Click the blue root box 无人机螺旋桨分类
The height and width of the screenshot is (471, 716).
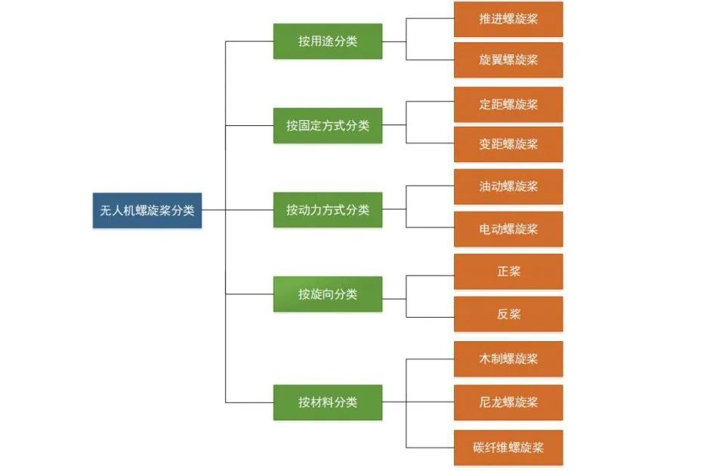point(147,211)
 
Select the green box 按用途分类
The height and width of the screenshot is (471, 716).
point(328,42)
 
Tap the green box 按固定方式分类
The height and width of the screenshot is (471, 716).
point(328,125)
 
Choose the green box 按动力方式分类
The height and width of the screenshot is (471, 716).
point(328,210)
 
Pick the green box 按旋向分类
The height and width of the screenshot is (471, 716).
point(328,294)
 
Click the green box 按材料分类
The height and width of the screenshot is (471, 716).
point(328,402)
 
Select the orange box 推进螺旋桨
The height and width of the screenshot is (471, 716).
point(508,19)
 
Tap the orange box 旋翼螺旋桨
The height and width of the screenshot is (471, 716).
point(508,60)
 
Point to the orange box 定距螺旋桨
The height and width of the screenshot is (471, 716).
point(508,104)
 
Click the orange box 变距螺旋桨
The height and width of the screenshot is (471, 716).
point(508,144)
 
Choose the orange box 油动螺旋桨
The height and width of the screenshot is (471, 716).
point(508,186)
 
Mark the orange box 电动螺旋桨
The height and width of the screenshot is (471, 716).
point(508,229)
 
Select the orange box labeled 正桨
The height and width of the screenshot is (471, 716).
point(508,272)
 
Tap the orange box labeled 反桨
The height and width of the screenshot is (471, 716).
point(508,314)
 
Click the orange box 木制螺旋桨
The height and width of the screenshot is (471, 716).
point(508,359)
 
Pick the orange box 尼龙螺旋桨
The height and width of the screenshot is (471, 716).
point(508,402)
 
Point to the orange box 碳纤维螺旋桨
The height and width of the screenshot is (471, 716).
point(508,448)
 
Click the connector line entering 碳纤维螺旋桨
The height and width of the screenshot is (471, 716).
point(431,448)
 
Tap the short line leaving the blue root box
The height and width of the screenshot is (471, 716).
point(214,211)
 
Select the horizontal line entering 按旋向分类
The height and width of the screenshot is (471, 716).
point(249,294)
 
